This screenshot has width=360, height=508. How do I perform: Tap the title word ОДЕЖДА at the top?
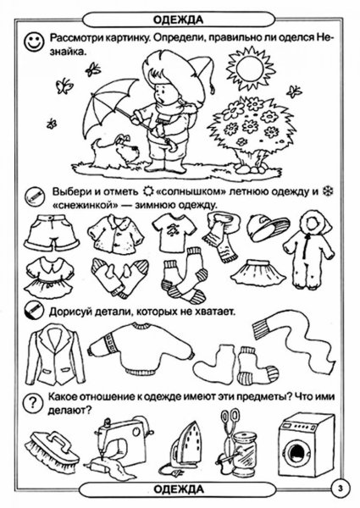click(x=180, y=8)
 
